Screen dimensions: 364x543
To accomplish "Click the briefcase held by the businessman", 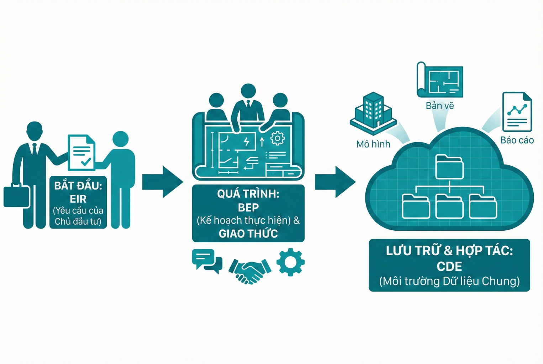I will (x=16, y=196).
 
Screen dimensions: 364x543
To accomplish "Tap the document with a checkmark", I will (x=81, y=152).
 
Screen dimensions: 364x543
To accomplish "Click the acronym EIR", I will (x=78, y=199).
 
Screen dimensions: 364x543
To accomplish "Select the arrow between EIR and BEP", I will (x=162, y=182).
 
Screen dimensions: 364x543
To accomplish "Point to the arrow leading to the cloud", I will (x=335, y=182).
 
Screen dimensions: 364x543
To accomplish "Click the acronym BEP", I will (x=248, y=207).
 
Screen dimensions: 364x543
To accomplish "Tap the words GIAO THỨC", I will (x=248, y=234).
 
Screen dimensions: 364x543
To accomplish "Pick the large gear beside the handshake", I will (x=290, y=262).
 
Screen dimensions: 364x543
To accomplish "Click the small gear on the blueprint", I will (x=278, y=138).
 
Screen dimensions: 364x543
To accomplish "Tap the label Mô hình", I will (x=373, y=144).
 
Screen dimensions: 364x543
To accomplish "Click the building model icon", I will (x=373, y=112).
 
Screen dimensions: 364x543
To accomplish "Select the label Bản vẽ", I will (x=440, y=106).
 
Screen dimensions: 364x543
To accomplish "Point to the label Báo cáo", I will (x=517, y=140).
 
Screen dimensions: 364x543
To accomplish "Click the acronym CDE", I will (x=449, y=266).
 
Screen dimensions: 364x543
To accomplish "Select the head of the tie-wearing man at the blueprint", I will (x=248, y=91).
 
